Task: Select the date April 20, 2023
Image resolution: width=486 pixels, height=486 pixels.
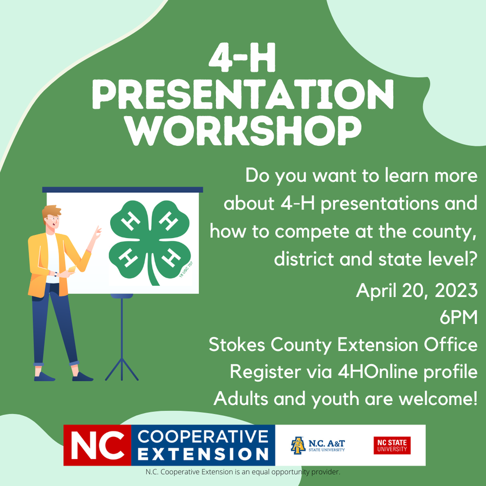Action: click(x=416, y=291)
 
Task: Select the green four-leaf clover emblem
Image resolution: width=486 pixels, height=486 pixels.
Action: click(x=150, y=238)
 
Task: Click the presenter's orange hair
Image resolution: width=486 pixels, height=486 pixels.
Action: click(x=51, y=211)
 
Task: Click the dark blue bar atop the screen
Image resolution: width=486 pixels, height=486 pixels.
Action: click(x=123, y=190)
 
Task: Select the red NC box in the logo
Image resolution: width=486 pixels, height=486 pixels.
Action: click(x=97, y=445)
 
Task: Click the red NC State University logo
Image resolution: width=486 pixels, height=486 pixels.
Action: click(x=391, y=445)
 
